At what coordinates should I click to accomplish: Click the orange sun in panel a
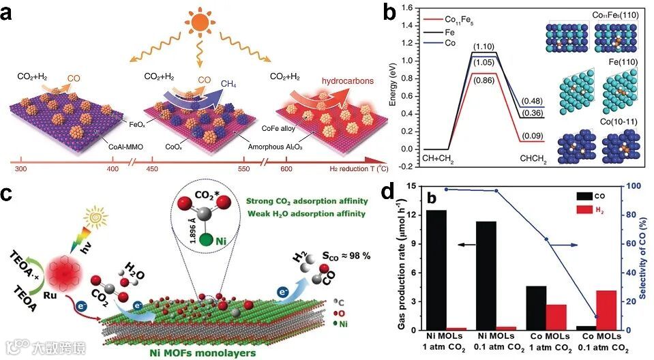200,20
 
